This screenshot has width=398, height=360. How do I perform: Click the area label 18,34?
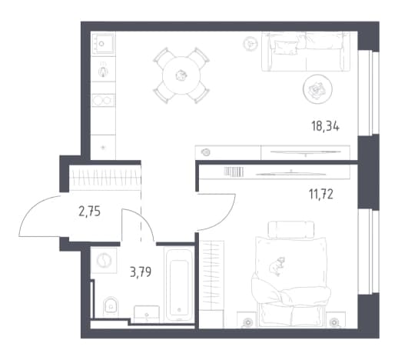(x=325, y=127)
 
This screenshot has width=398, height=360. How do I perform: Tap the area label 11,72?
(x=321, y=195)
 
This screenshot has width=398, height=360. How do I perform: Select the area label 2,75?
(x=89, y=212)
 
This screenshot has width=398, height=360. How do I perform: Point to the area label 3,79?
(x=141, y=272)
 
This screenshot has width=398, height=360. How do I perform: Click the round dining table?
(x=181, y=75)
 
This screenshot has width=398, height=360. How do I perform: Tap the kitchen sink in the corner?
(x=103, y=44)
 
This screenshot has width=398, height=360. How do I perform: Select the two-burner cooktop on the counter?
(x=103, y=100)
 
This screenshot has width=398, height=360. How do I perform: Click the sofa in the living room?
(x=306, y=52)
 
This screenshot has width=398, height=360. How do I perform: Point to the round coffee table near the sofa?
(x=317, y=89)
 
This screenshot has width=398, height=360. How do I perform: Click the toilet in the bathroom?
(x=111, y=307)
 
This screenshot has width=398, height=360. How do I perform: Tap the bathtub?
(x=179, y=285)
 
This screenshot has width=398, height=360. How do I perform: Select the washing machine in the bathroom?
(x=104, y=261)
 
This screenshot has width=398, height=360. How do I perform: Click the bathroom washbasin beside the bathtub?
(x=147, y=314)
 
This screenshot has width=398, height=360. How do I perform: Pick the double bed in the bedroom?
(x=291, y=275)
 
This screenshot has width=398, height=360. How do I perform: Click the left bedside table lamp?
(x=247, y=322)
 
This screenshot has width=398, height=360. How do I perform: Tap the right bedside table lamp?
(x=334, y=322)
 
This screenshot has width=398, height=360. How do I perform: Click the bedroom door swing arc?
(x=228, y=218)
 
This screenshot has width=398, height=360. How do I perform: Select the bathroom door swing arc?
(x=144, y=219)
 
